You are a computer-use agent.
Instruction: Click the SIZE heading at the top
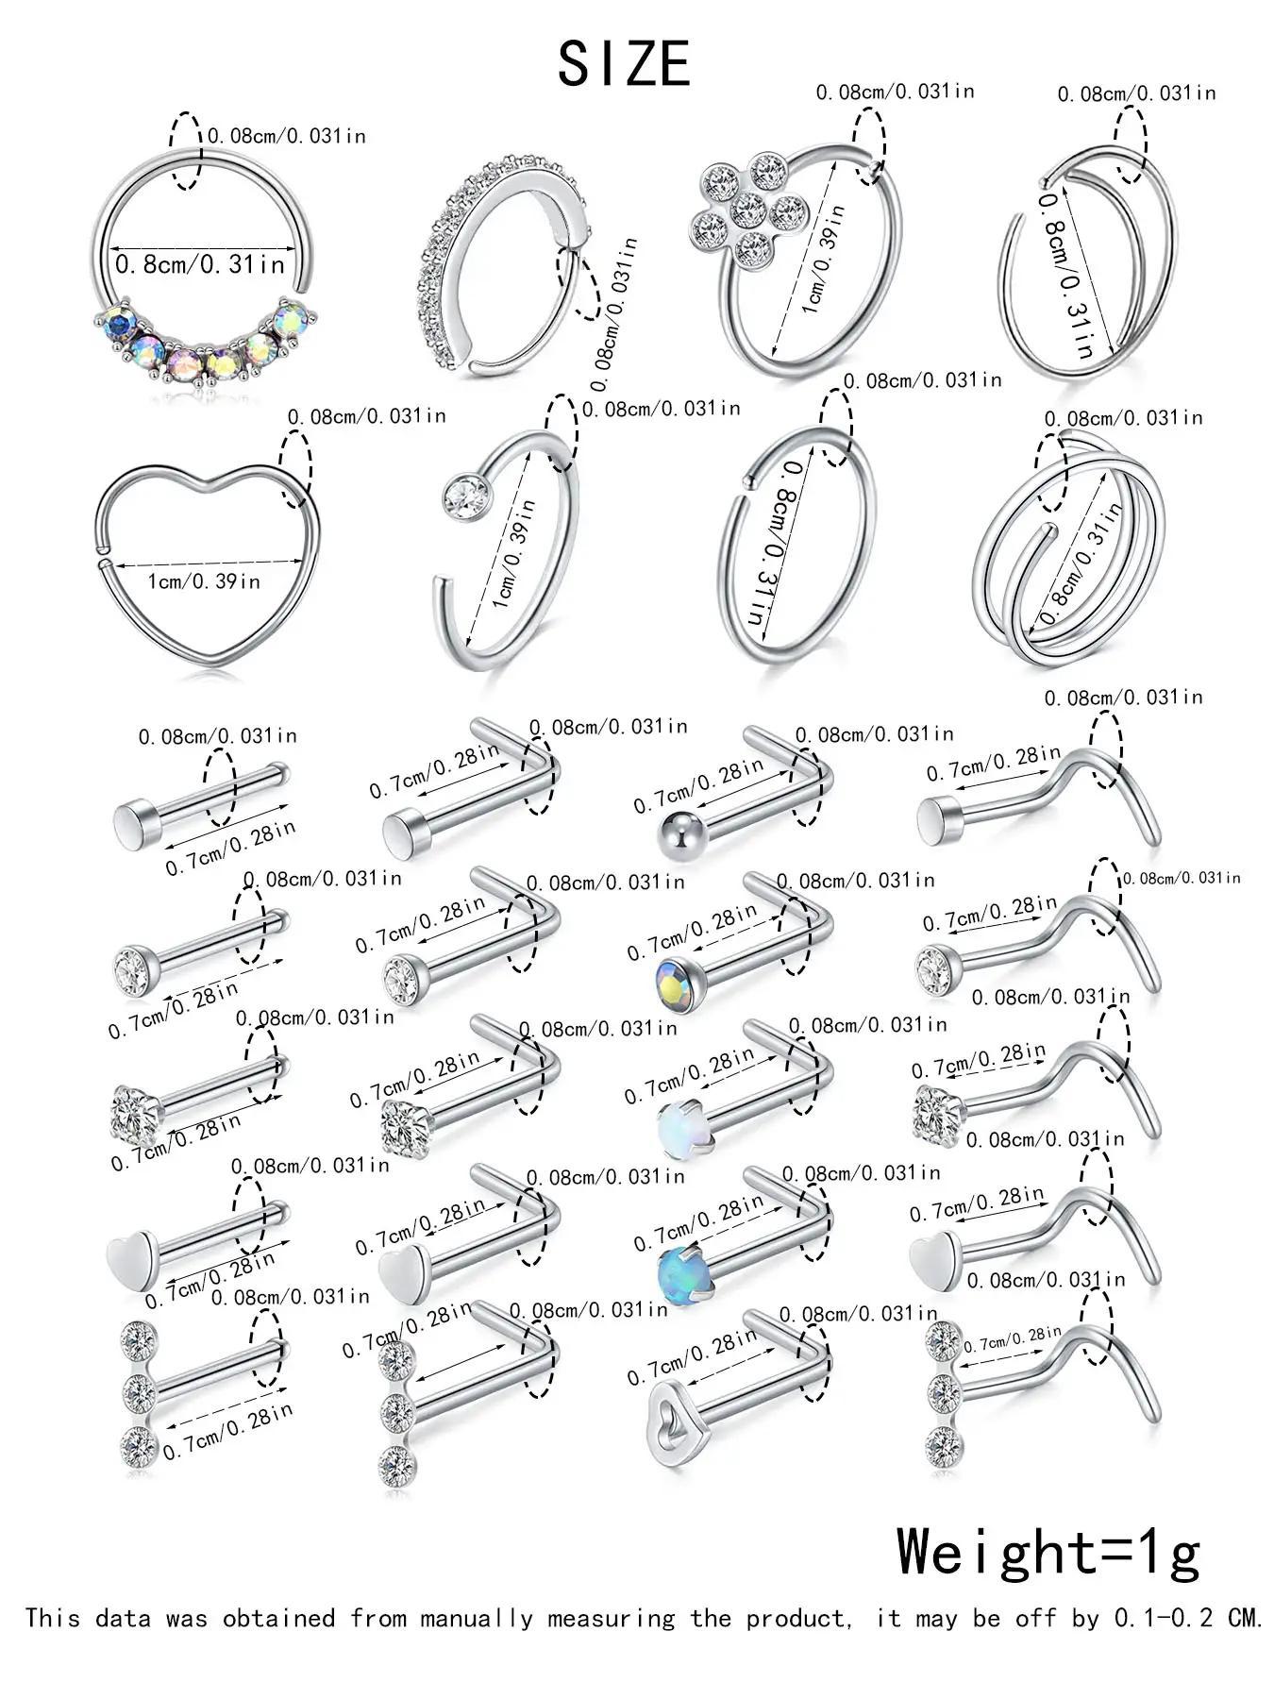click(624, 64)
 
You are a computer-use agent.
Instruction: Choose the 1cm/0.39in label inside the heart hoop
click(203, 580)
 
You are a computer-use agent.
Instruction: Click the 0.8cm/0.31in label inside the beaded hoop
click(199, 264)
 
